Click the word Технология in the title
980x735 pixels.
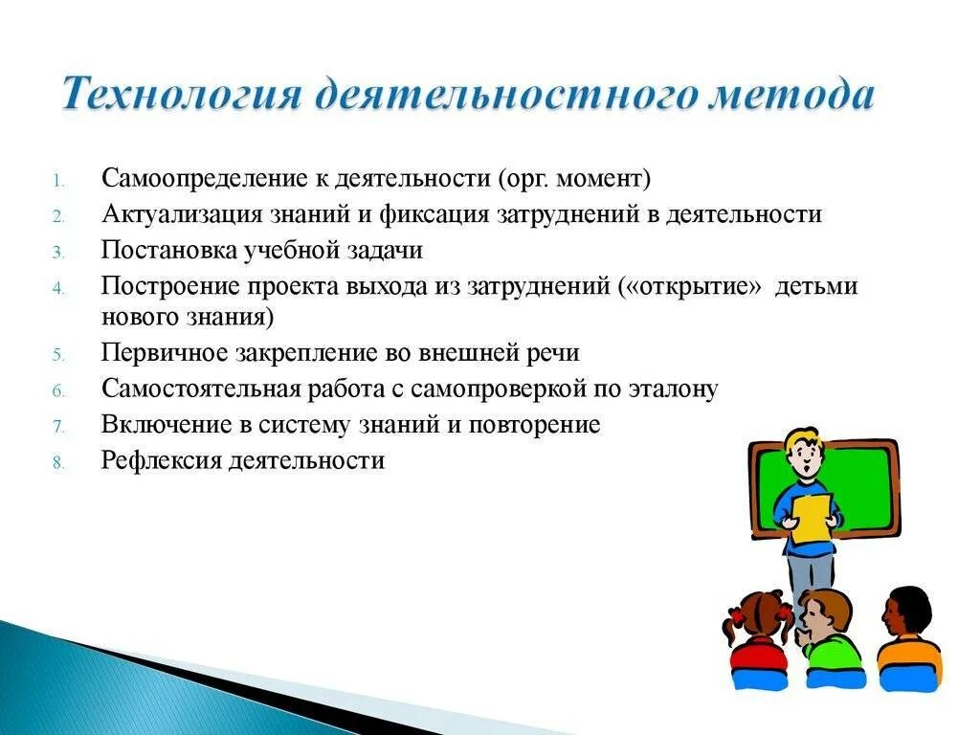[x=181, y=94]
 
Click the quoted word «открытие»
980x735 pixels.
[x=691, y=286]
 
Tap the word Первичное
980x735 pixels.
[x=165, y=352]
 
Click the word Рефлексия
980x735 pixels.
[x=161, y=460]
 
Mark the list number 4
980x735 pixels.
[x=58, y=289]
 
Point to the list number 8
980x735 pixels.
[x=58, y=463]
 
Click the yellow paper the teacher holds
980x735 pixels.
[x=811, y=518]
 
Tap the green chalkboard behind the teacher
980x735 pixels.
[x=869, y=487]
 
